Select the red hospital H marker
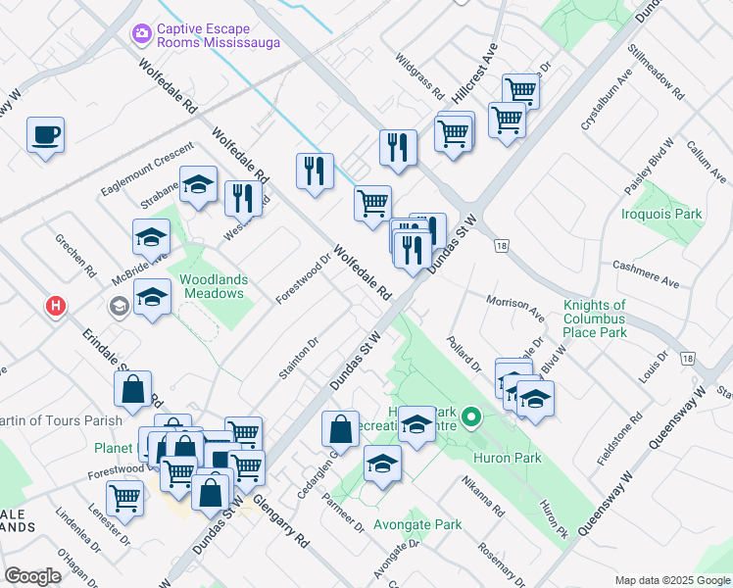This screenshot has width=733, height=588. point(56,306)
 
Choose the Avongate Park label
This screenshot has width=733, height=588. point(423,524)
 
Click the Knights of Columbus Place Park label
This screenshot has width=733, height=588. point(595,319)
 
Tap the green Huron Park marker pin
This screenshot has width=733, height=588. point(470,418)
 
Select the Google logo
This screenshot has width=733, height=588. point(32,575)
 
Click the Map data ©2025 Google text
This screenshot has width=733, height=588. point(671,580)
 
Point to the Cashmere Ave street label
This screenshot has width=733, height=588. point(645,273)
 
